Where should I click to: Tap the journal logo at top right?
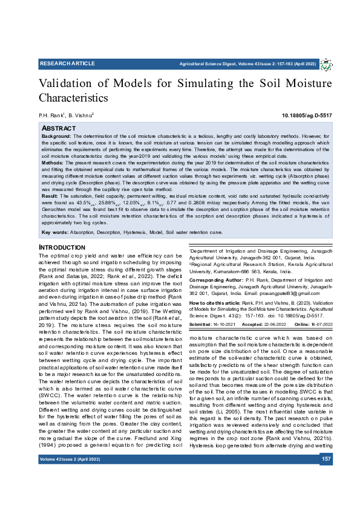[326, 64]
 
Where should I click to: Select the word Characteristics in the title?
[73, 97]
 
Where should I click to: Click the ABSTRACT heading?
[58, 129]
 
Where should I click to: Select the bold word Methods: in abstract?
[53, 163]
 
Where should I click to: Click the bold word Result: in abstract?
[50, 196]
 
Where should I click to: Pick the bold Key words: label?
[54, 232]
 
